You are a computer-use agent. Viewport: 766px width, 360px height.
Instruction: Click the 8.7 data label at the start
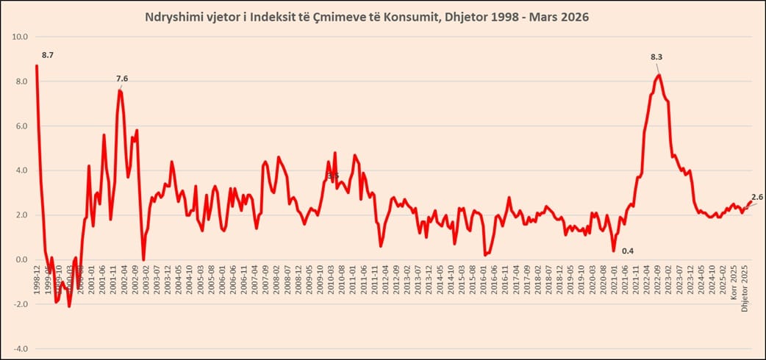48,55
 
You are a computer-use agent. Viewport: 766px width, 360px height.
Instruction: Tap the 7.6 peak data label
122,79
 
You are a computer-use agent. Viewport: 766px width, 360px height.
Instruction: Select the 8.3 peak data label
656,57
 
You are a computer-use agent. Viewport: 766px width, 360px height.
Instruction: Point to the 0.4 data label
628,251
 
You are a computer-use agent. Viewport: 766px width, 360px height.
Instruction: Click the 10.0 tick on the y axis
21,37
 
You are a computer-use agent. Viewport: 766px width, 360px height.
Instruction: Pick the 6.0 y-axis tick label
22,126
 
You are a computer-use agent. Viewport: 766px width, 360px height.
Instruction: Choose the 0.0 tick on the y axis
22,259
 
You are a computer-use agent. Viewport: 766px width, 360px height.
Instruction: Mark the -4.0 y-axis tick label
21,348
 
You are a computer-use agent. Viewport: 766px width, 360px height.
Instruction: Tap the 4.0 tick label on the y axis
22,170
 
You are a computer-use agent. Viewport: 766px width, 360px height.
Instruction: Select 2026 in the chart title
573,16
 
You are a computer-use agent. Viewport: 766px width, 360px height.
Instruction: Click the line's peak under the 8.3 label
659,75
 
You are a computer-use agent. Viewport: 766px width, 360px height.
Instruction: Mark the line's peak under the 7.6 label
119,90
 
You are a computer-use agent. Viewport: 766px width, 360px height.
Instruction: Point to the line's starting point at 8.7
36,66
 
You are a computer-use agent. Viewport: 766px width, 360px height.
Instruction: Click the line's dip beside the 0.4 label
614,251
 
